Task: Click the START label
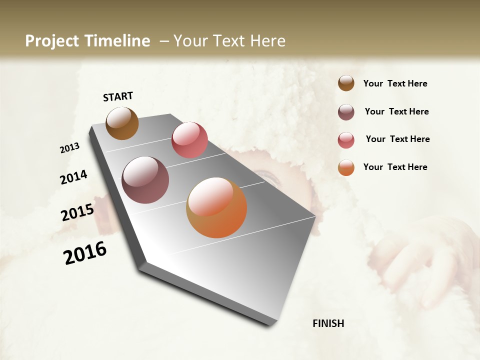pyautogui.click(x=118, y=96)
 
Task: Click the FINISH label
pyautogui.click(x=328, y=323)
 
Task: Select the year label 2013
pyautogui.click(x=70, y=147)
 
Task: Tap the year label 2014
pyautogui.click(x=74, y=177)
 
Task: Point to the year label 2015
pyautogui.click(x=77, y=212)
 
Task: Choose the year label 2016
pyautogui.click(x=85, y=253)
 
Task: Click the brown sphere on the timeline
pyautogui.click(x=122, y=123)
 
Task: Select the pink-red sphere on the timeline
pyautogui.click(x=189, y=140)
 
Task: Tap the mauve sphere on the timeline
pyautogui.click(x=145, y=180)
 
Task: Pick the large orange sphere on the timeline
pyautogui.click(x=216, y=207)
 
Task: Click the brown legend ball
pyautogui.click(x=346, y=83)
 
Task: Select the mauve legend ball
pyautogui.click(x=346, y=112)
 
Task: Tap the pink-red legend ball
pyautogui.click(x=346, y=140)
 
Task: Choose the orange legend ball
pyautogui.click(x=346, y=167)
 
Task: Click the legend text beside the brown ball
pyautogui.click(x=395, y=83)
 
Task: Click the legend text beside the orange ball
pyautogui.click(x=395, y=167)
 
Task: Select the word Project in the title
pyautogui.click(x=53, y=41)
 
